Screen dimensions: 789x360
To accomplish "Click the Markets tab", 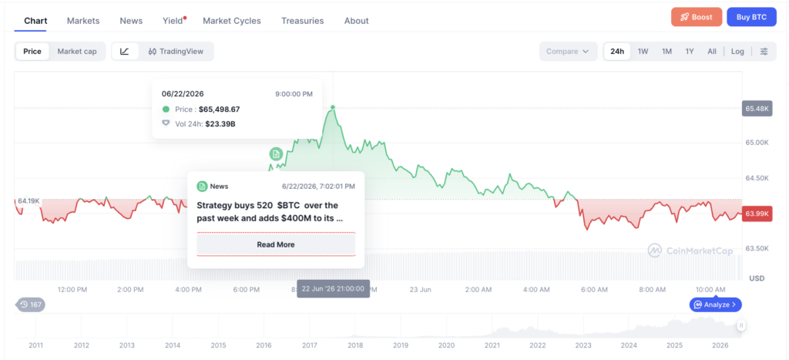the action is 83,21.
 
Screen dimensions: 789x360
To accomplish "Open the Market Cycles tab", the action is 232,21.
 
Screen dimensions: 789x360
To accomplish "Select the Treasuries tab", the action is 302,21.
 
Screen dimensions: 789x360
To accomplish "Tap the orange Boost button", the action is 697,17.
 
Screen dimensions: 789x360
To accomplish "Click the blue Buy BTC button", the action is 751,17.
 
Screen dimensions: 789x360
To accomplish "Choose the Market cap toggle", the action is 77,52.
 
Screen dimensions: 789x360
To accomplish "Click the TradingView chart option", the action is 176,52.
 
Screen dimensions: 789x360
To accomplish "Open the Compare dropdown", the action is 568,52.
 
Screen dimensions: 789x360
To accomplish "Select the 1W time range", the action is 643,52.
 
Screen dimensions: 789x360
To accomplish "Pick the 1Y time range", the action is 690,52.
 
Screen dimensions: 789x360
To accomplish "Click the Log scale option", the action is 737,52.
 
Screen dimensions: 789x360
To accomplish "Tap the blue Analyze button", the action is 715,304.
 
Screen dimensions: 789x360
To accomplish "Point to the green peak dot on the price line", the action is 333,107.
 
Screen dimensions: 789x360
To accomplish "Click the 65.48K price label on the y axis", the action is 757,108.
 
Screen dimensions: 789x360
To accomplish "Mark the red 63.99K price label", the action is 757,214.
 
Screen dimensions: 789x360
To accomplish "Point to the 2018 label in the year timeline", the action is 354,345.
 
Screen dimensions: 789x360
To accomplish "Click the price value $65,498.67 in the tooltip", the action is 220,109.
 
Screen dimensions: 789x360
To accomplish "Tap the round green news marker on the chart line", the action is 276,153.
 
